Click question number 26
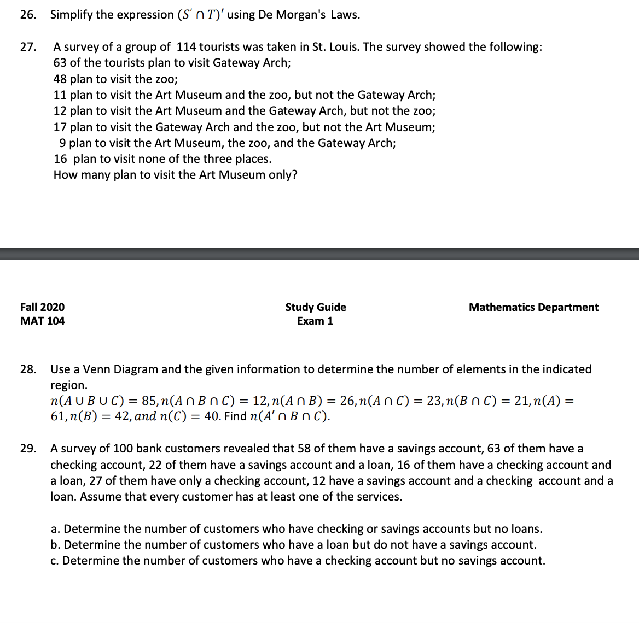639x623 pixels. click(x=28, y=15)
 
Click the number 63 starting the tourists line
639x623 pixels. click(x=60, y=63)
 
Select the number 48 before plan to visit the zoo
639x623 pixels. click(x=60, y=79)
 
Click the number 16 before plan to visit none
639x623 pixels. click(x=60, y=159)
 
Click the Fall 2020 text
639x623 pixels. click(x=42, y=307)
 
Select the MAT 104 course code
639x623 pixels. click(x=42, y=321)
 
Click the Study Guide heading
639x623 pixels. click(x=316, y=307)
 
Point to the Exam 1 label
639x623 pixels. click(x=315, y=321)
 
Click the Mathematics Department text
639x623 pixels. click(x=533, y=307)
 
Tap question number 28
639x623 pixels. click(x=28, y=369)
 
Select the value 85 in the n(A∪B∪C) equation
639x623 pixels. click(x=149, y=401)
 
